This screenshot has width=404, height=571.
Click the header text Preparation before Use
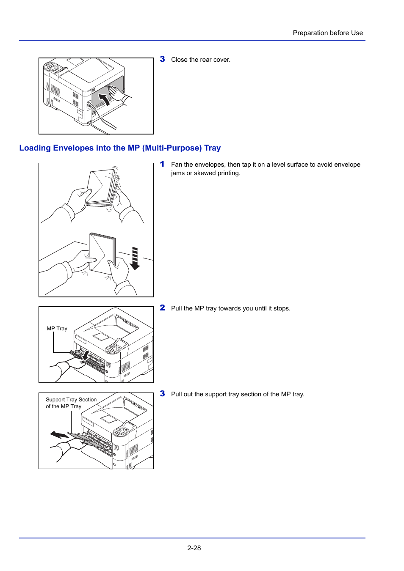click(x=327, y=33)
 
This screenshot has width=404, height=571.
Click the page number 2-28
click(x=194, y=548)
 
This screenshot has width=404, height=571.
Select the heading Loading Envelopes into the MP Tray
click(x=120, y=148)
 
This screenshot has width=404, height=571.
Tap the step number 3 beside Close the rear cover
click(x=162, y=59)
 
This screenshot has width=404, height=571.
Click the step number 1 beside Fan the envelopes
click(x=162, y=164)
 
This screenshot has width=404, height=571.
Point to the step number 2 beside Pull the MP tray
click(x=162, y=308)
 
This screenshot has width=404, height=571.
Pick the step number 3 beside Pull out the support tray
click(x=162, y=394)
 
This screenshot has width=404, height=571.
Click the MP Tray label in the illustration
click(x=57, y=329)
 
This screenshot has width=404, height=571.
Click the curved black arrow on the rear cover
click(x=104, y=100)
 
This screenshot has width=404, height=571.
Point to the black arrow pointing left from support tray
click(x=59, y=435)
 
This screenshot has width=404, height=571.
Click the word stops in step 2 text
click(x=281, y=308)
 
